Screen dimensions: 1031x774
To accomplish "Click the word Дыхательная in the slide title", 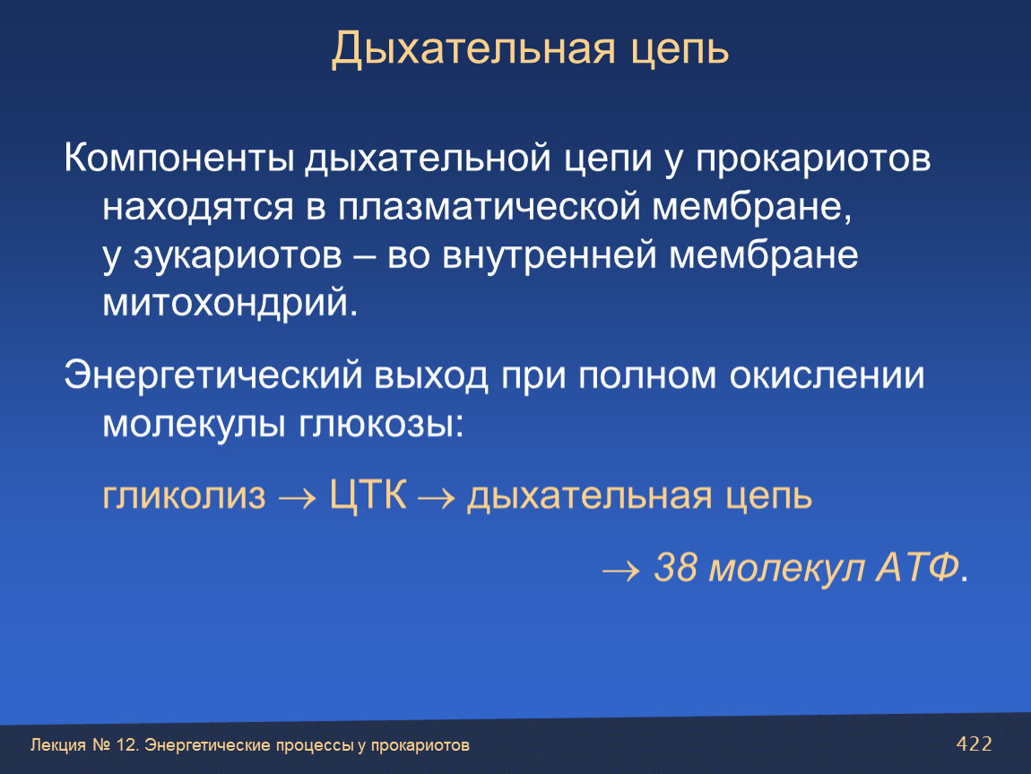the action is [473, 49].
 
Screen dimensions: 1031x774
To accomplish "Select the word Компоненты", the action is [178, 159].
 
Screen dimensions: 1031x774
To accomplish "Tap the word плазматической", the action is [490, 207].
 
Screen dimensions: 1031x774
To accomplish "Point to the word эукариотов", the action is [238, 255].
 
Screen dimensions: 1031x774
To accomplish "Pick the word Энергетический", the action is [213, 376].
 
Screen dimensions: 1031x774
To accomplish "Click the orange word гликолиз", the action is [185, 496].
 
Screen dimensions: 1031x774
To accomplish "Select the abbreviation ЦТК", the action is [368, 494].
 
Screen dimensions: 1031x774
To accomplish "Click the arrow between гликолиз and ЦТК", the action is [298, 499].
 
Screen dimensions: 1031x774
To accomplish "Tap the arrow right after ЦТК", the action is [436, 499].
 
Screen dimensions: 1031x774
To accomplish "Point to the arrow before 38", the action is [620, 571].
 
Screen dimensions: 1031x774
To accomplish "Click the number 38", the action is [675, 567].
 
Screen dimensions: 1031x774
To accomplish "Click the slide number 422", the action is [975, 744].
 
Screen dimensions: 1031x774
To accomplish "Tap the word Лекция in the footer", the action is [58, 745].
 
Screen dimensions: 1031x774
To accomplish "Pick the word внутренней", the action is [549, 255].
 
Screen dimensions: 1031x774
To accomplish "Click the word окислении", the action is [827, 376].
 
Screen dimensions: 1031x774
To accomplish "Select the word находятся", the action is [198, 208].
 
